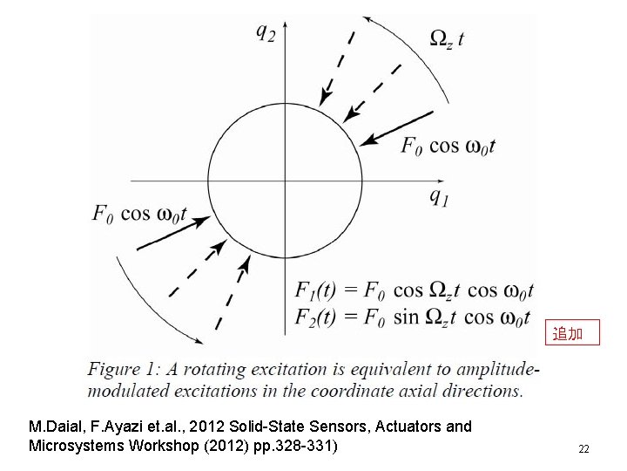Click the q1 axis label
[440, 196]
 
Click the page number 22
[583, 449]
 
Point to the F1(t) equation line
[415, 290]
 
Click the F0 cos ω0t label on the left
[138, 212]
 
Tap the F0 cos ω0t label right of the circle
[448, 146]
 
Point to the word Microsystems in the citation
[74, 446]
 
